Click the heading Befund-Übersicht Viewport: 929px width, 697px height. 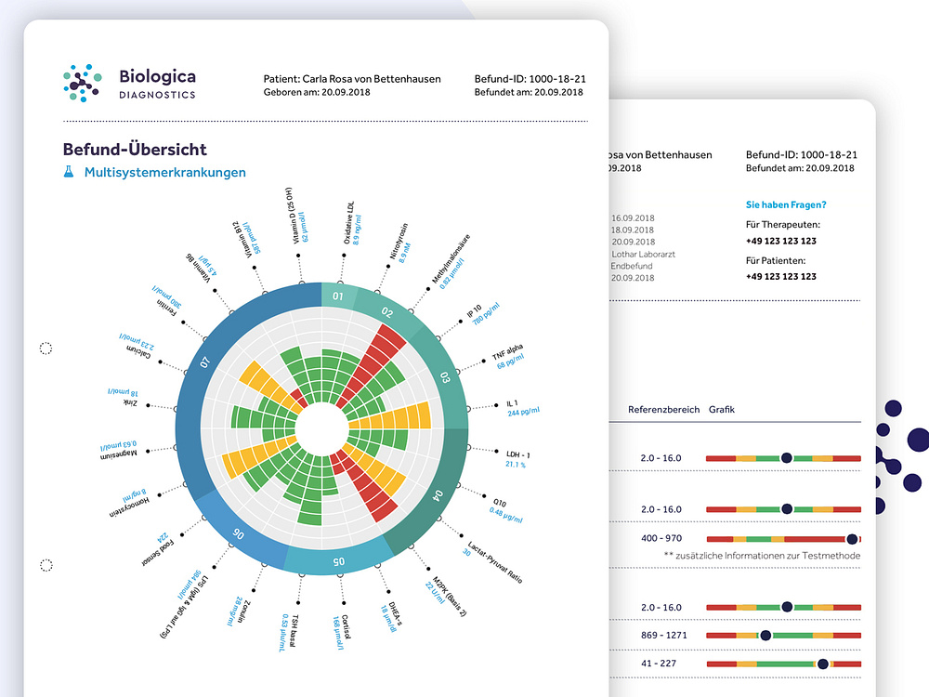(135, 150)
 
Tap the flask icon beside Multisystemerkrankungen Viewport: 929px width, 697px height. (68, 172)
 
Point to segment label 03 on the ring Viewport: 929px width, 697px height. (444, 376)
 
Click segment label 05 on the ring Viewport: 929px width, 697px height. (339, 561)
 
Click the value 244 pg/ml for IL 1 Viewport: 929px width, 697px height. (523, 412)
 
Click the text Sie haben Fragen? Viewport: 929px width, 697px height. (785, 204)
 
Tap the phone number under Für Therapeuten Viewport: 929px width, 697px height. (780, 241)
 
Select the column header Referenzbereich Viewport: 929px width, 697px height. (663, 409)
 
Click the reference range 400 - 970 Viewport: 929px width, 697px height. (661, 538)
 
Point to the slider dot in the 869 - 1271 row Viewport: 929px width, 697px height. (765, 636)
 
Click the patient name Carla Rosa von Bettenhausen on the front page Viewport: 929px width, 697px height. (353, 79)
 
